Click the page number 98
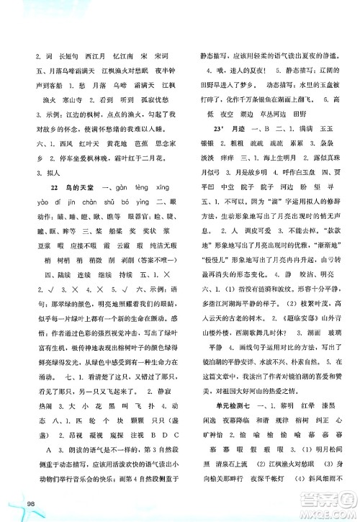point(12,502)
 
